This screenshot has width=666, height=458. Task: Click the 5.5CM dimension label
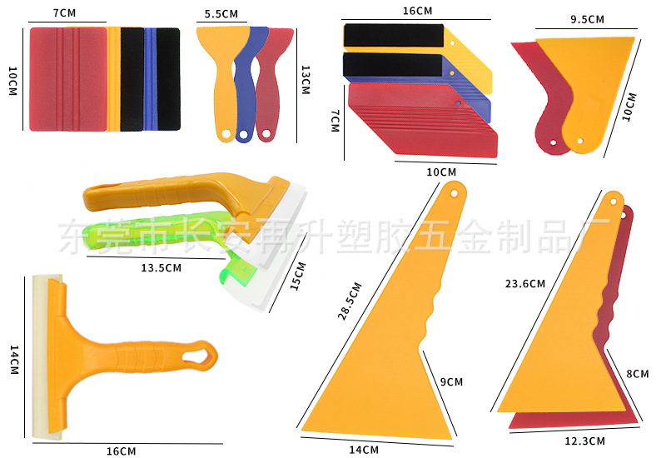[x=221, y=14]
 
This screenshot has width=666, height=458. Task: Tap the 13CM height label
[x=306, y=80]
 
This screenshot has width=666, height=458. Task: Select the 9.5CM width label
[x=587, y=19]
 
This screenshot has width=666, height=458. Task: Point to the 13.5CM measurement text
[x=161, y=268]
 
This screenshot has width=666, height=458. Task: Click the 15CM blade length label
[x=298, y=276]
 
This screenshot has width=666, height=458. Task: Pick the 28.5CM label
[x=350, y=301]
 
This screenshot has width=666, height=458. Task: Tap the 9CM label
[x=451, y=382]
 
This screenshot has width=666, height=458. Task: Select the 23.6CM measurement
[x=525, y=284]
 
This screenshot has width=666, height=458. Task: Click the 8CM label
[x=638, y=374]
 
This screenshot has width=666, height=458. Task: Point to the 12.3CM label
[x=584, y=441]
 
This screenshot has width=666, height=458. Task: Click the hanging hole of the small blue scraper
[x=243, y=135]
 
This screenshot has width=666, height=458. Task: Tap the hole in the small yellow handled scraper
[x=226, y=135]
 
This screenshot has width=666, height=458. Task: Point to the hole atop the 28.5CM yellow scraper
[x=454, y=193]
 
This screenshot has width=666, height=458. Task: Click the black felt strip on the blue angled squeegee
[x=393, y=65]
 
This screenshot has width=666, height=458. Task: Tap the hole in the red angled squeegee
[x=459, y=103]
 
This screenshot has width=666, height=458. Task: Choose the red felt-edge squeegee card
[x=68, y=79]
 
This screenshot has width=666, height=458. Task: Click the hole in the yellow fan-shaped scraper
[x=580, y=141]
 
